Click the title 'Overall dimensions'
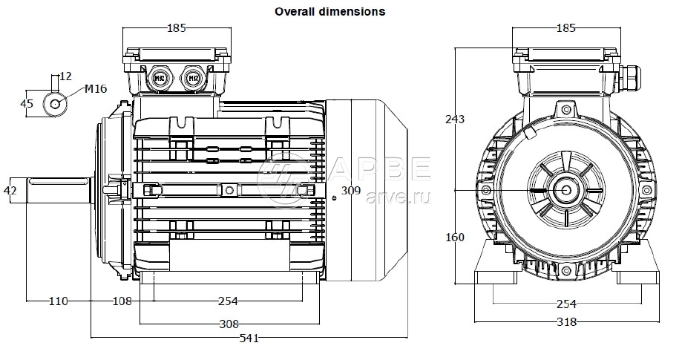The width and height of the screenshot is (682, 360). (329, 12)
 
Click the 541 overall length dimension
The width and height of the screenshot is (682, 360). (249, 338)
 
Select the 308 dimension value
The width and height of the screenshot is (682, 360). (229, 324)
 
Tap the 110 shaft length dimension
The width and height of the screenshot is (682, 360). (58, 301)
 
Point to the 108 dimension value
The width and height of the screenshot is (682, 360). (122, 301)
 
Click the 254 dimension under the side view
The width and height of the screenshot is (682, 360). (229, 301)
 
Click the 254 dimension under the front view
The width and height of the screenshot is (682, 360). (566, 304)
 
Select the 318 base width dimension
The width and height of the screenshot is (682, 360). (566, 323)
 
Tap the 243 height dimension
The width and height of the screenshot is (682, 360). (455, 120)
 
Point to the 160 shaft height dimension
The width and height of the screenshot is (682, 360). (455, 238)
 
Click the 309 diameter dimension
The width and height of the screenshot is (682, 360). (351, 191)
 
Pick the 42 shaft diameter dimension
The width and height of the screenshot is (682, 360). (10, 191)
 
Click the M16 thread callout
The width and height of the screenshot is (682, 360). (96, 89)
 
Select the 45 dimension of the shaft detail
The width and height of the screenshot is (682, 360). (27, 103)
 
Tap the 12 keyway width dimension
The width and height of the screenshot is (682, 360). (65, 76)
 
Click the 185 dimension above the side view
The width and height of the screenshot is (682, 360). (176, 28)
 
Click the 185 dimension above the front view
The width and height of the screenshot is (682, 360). (565, 28)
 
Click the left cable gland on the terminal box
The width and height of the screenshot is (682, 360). (158, 77)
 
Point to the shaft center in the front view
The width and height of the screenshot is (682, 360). (567, 191)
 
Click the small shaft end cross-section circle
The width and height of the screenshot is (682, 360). (56, 103)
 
